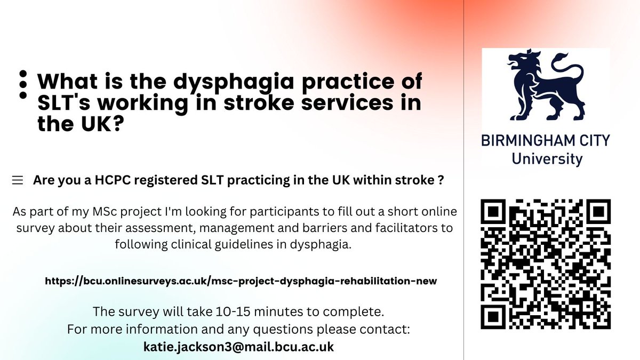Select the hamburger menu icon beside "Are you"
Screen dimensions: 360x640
[x=18, y=181]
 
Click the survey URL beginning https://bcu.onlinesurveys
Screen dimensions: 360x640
[x=241, y=281]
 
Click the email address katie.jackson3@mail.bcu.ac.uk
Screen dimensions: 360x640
[x=238, y=347]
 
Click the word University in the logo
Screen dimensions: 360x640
[x=546, y=158]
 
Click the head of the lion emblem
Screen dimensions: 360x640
[x=521, y=63]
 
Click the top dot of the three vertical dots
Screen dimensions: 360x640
[x=23, y=74]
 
